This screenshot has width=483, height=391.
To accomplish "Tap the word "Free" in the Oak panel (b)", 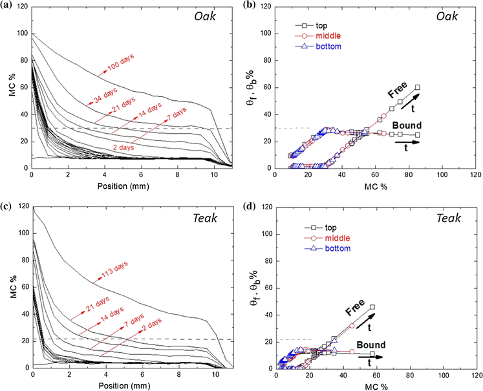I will [x=398, y=93].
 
